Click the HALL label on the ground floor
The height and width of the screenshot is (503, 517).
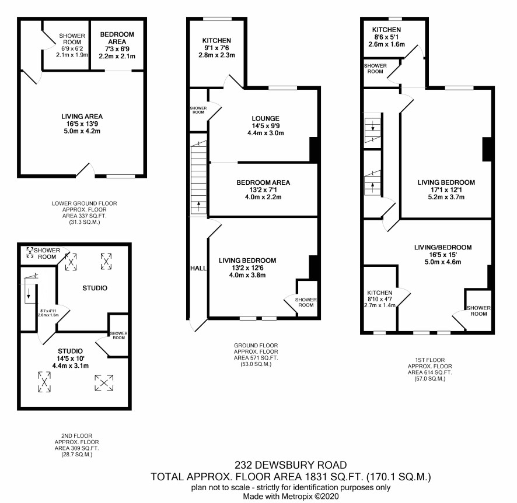[198, 268]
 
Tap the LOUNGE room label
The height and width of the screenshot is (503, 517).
[266, 118]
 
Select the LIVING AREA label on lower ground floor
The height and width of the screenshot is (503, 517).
[82, 117]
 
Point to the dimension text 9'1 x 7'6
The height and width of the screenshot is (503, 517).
[216, 48]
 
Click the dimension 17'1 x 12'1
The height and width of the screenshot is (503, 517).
[446, 190]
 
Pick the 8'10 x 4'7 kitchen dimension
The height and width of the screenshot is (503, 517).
[380, 299]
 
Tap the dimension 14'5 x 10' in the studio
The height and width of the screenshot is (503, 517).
[70, 358]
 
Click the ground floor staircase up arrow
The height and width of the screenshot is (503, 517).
[199, 206]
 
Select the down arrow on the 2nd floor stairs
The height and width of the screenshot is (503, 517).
[29, 293]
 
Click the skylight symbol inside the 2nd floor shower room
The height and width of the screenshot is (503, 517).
[30, 252]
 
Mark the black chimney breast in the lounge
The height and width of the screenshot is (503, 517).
[314, 149]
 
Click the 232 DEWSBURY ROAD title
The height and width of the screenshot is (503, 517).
[291, 465]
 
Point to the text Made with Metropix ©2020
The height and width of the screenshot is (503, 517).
[291, 496]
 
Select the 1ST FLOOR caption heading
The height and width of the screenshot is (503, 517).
[429, 360]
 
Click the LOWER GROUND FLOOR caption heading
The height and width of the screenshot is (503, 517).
[85, 203]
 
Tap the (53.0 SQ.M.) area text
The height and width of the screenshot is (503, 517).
[256, 364]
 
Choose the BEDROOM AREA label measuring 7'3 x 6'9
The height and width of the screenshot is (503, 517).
[117, 38]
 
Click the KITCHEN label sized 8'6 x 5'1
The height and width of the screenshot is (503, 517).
[386, 30]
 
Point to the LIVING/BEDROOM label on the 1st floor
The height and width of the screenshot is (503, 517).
[443, 247]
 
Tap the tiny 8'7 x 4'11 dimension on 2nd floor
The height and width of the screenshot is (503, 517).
[48, 311]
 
